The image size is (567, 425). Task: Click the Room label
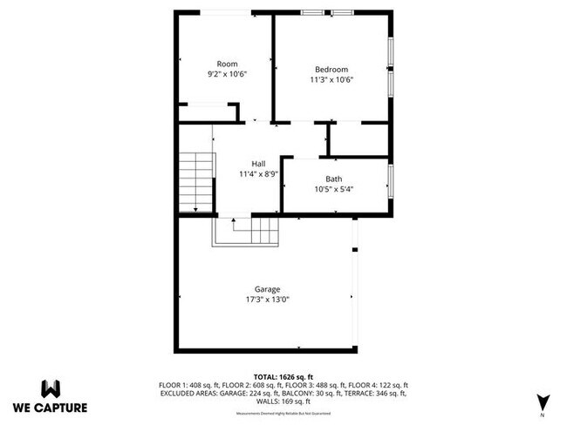[227, 64]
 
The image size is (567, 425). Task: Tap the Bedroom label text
[331, 70]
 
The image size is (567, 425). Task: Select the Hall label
[259, 164]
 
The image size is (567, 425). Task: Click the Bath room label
[334, 179]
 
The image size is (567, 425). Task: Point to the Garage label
[267, 289]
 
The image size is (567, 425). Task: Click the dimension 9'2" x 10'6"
[227, 74]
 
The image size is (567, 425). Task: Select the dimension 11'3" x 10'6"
[331, 79]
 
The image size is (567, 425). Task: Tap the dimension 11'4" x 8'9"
[259, 173]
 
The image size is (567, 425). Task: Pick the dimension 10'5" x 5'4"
[334, 189]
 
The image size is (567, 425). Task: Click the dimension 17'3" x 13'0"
[267, 299]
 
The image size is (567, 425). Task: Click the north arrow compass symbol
[543, 401]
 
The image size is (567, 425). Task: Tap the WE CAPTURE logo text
[50, 407]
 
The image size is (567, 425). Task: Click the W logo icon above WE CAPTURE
[50, 388]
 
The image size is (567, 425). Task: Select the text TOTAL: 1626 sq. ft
[283, 375]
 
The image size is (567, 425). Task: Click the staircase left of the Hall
[196, 181]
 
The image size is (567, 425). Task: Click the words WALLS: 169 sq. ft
[283, 401]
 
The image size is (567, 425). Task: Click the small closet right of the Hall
[358, 138]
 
